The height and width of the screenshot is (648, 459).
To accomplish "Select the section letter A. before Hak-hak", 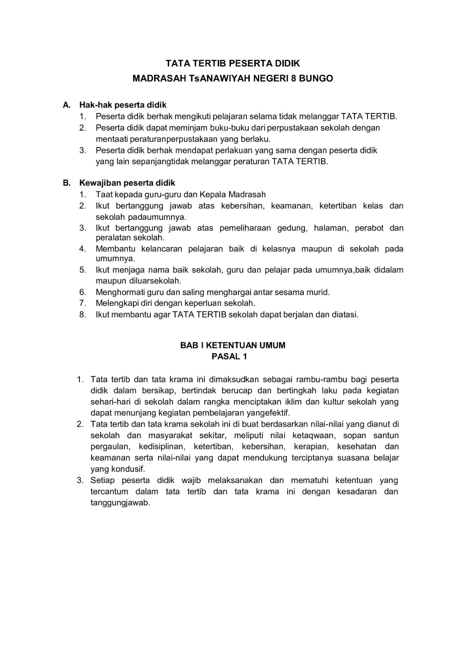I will (67, 105).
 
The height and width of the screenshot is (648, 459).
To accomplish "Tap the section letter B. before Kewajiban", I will (67, 183).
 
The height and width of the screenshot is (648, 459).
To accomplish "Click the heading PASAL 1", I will (229, 356).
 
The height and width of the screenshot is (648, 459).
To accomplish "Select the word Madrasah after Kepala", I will (247, 194).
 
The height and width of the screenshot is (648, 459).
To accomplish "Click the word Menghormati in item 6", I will (119, 292).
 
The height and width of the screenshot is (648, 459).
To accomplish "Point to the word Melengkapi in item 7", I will (115, 303).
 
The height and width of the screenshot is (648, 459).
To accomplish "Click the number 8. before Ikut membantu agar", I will (83, 314).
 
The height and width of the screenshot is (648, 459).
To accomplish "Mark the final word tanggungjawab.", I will (120, 503).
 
